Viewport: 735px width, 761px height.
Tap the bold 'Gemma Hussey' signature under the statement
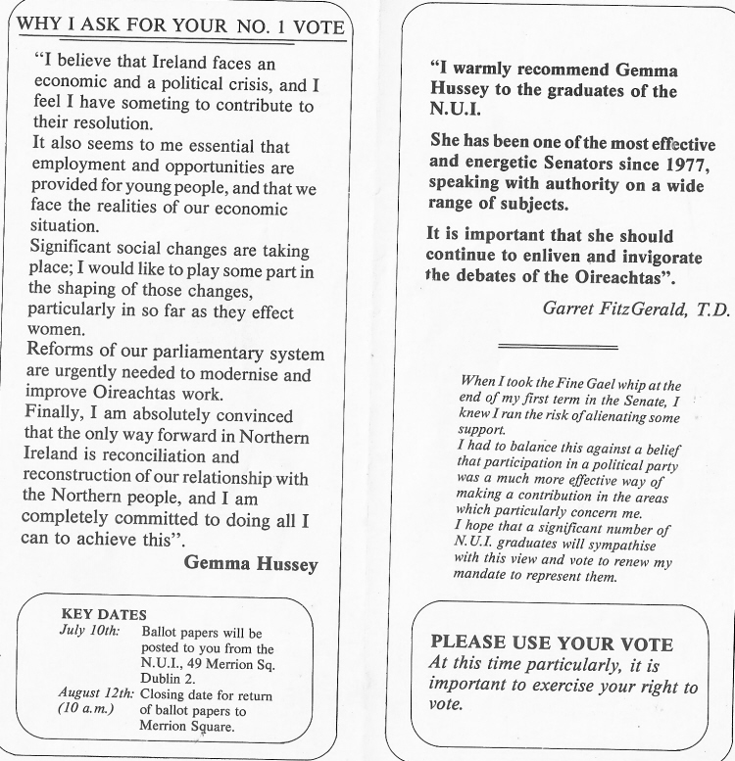251,563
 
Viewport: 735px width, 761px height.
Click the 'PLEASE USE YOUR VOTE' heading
552,643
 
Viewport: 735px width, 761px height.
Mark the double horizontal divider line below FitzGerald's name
558,347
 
